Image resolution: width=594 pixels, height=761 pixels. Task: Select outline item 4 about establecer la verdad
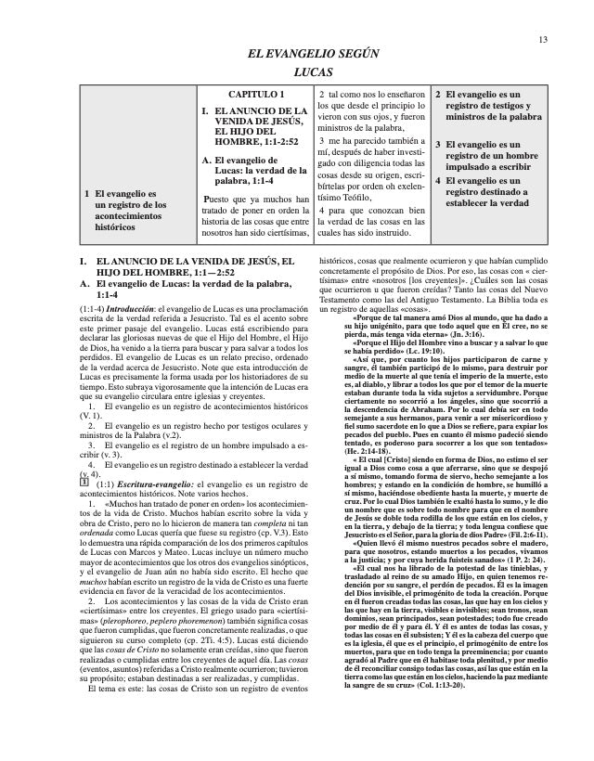coord(491,193)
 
